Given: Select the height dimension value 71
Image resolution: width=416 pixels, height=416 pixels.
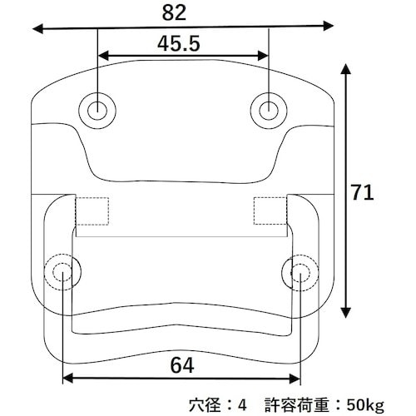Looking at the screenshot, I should (363, 193).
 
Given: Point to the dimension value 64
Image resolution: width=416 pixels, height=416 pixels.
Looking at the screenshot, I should (183, 364).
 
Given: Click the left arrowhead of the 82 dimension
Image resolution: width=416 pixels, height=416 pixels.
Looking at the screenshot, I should (37, 30).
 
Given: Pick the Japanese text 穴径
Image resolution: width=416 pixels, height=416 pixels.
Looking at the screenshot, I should (205, 405).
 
